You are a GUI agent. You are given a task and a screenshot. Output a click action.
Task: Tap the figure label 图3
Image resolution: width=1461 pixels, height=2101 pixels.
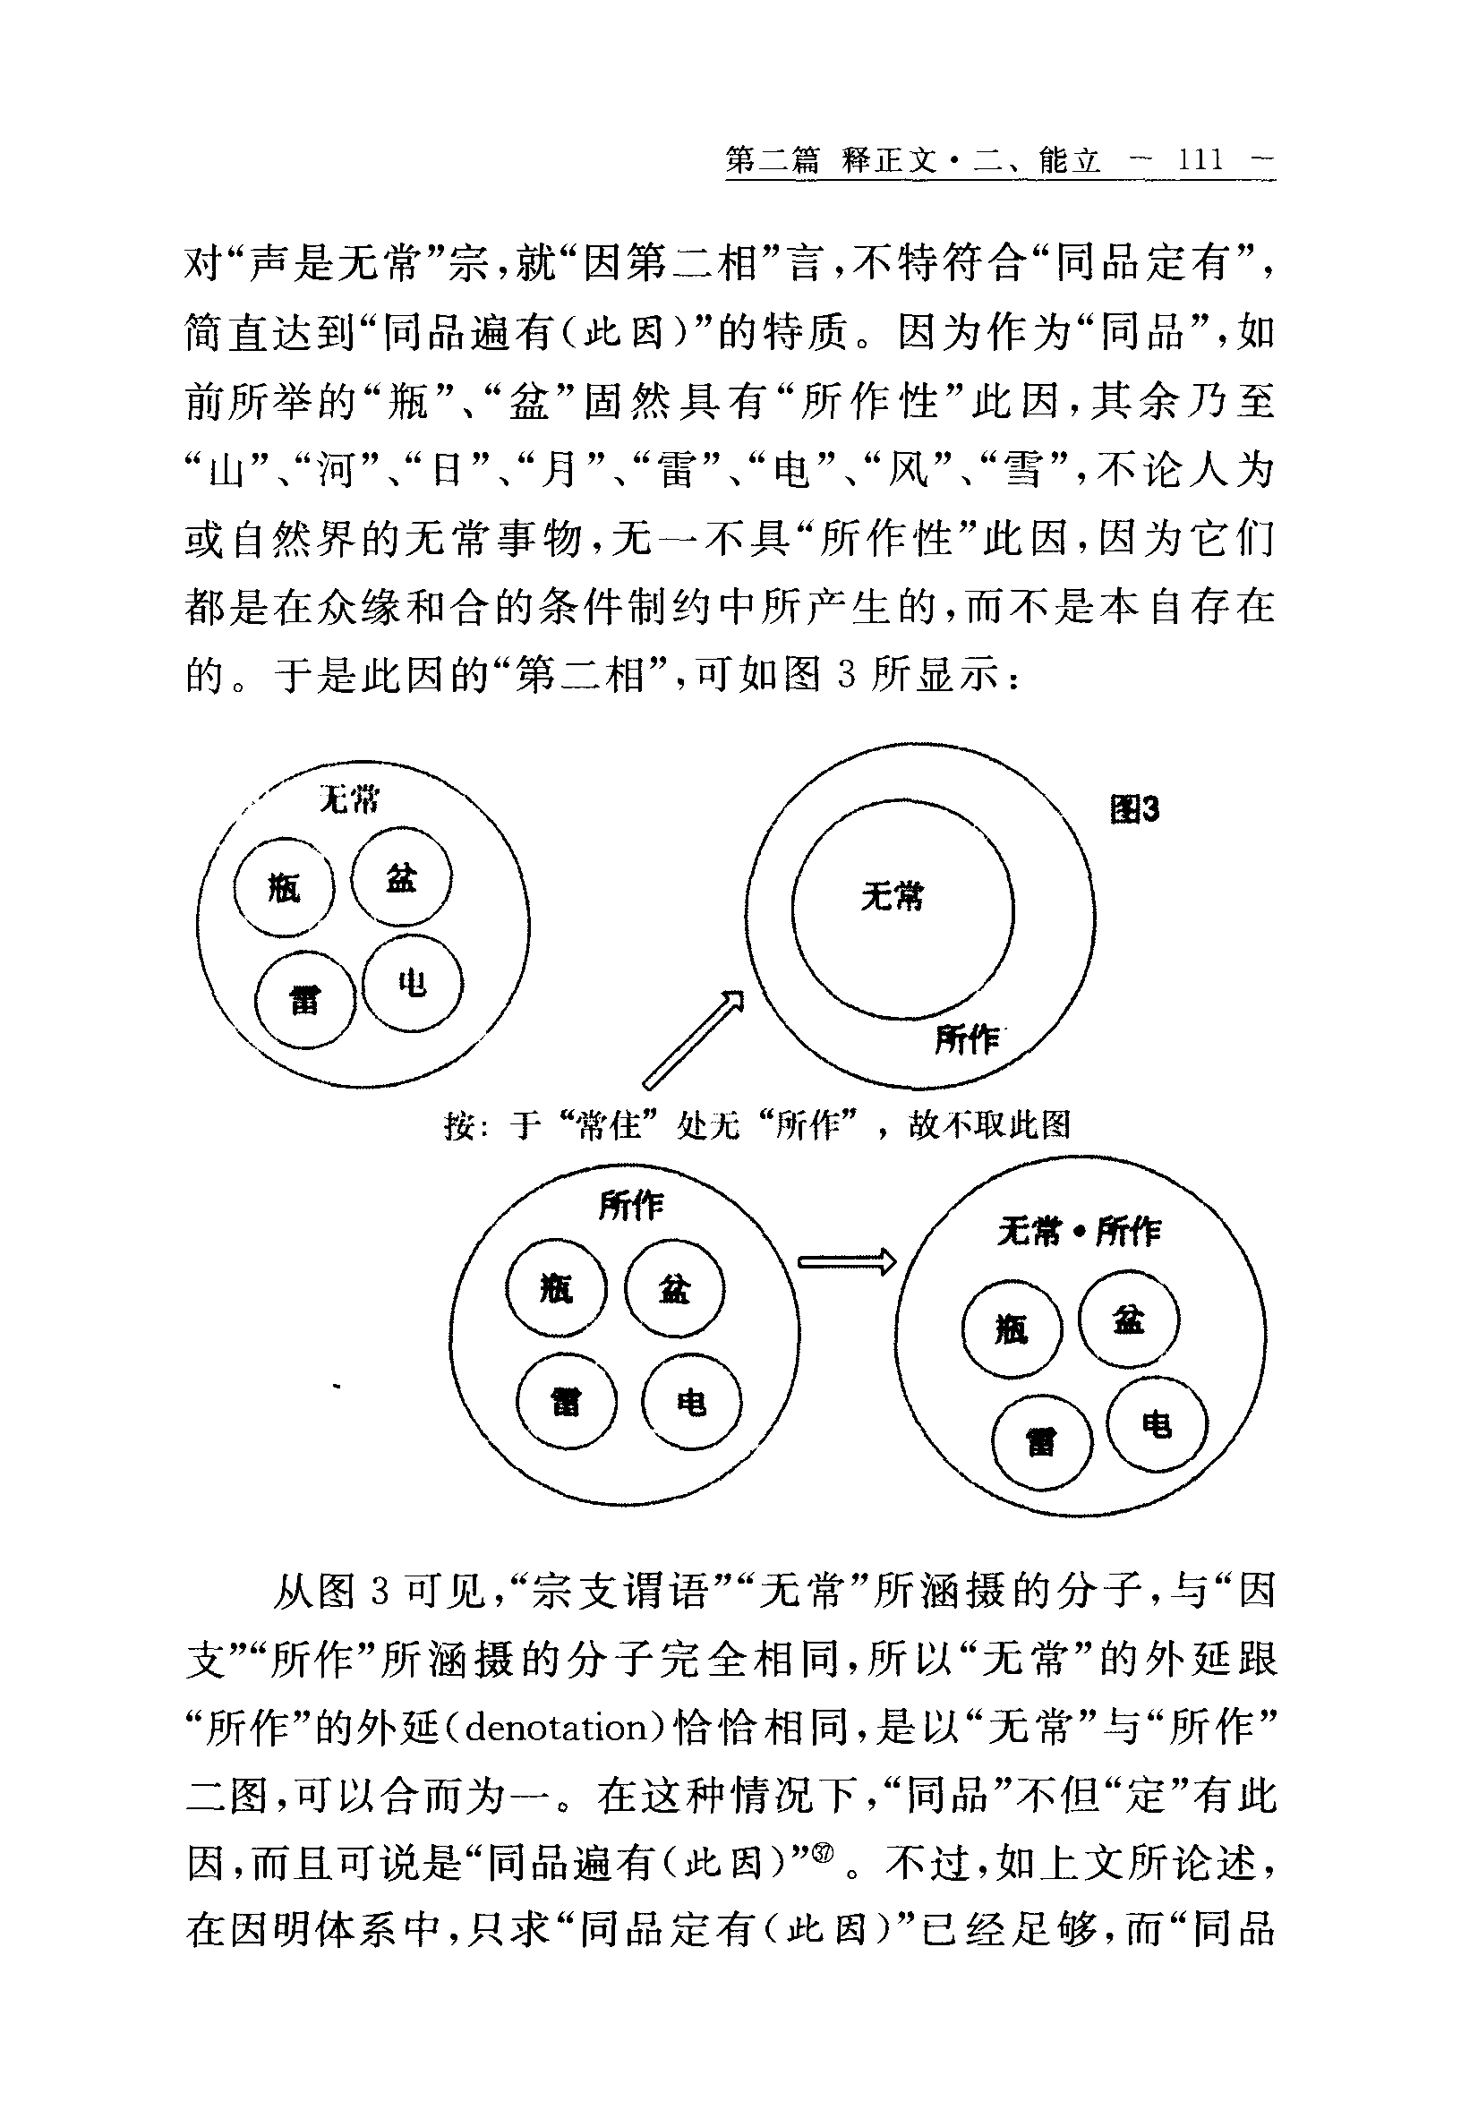[x=1134, y=809]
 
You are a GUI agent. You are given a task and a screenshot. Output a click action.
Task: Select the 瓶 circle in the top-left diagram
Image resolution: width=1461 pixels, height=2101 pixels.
[x=284, y=887]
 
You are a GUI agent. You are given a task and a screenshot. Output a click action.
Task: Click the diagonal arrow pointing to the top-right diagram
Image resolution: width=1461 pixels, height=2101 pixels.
[x=694, y=1039]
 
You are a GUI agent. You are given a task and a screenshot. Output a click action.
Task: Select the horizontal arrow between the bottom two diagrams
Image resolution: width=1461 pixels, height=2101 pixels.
[x=846, y=1262]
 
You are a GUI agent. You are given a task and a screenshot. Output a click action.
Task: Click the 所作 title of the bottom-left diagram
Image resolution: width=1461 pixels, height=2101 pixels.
[x=631, y=1206]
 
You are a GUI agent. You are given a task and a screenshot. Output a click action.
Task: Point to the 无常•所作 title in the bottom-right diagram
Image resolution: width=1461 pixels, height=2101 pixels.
[x=1080, y=1232]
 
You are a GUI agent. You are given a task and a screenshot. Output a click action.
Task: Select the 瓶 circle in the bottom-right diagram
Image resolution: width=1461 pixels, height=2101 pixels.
[x=1012, y=1328]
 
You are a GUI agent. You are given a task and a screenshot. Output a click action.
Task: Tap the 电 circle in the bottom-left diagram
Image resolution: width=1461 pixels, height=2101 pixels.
[x=692, y=1401]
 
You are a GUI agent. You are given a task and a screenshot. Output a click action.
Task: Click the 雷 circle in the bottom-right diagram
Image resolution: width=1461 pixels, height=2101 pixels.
[x=1042, y=1442]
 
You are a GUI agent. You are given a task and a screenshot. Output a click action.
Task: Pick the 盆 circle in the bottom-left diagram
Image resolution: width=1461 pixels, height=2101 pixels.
[x=674, y=1289]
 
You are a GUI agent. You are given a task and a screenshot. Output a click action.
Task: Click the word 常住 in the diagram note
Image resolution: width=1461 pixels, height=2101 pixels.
[x=611, y=1124]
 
